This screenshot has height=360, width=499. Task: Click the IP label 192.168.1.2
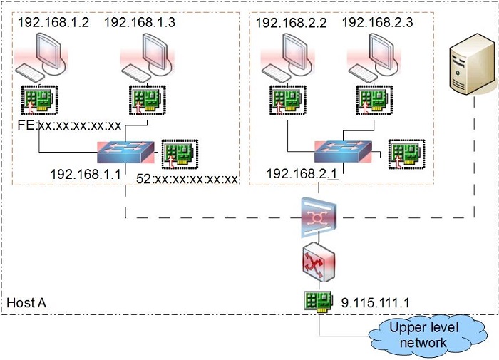click(53, 22)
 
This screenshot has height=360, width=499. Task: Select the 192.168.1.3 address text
click(140, 22)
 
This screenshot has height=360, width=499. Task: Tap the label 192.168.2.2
click(291, 23)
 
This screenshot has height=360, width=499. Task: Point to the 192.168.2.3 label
click(377, 22)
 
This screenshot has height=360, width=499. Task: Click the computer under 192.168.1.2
click(41, 57)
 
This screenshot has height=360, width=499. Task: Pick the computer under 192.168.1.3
click(147, 57)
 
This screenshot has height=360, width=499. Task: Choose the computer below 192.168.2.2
click(288, 57)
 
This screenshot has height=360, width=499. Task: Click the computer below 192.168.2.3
click(374, 57)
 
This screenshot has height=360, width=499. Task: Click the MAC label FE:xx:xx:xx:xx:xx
click(69, 125)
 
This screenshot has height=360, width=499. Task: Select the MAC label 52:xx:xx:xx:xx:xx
click(187, 179)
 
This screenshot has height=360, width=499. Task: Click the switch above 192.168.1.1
click(125, 152)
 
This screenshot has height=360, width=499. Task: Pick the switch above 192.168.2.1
click(343, 152)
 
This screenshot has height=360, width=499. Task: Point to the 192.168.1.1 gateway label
click(86, 174)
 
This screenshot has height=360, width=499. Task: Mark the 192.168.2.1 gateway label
click(302, 174)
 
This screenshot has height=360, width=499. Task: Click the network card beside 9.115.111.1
click(319, 301)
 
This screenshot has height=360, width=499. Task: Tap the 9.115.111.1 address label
click(375, 302)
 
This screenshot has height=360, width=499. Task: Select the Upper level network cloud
click(428, 335)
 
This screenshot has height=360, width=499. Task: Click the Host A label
click(26, 302)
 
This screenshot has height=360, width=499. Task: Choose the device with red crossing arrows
click(319, 262)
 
